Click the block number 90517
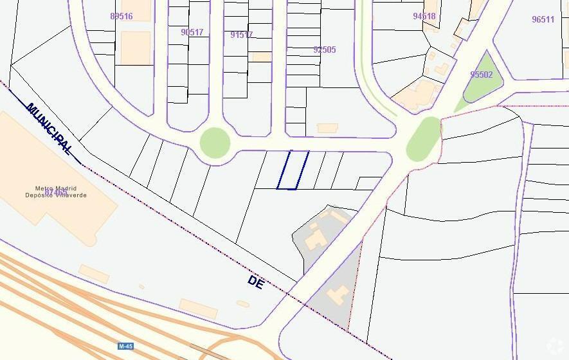tap(192, 32)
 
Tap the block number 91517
tap(241, 35)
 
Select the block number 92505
tap(324, 50)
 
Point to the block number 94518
tap(424, 16)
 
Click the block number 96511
tap(543, 19)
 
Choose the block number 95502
tap(481, 75)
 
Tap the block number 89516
tap(121, 16)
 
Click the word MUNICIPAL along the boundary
tap(49, 129)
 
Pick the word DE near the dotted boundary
tap(255, 282)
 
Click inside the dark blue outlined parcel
tap(293, 170)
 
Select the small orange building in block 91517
tap(261, 57)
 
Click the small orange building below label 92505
tap(327, 128)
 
